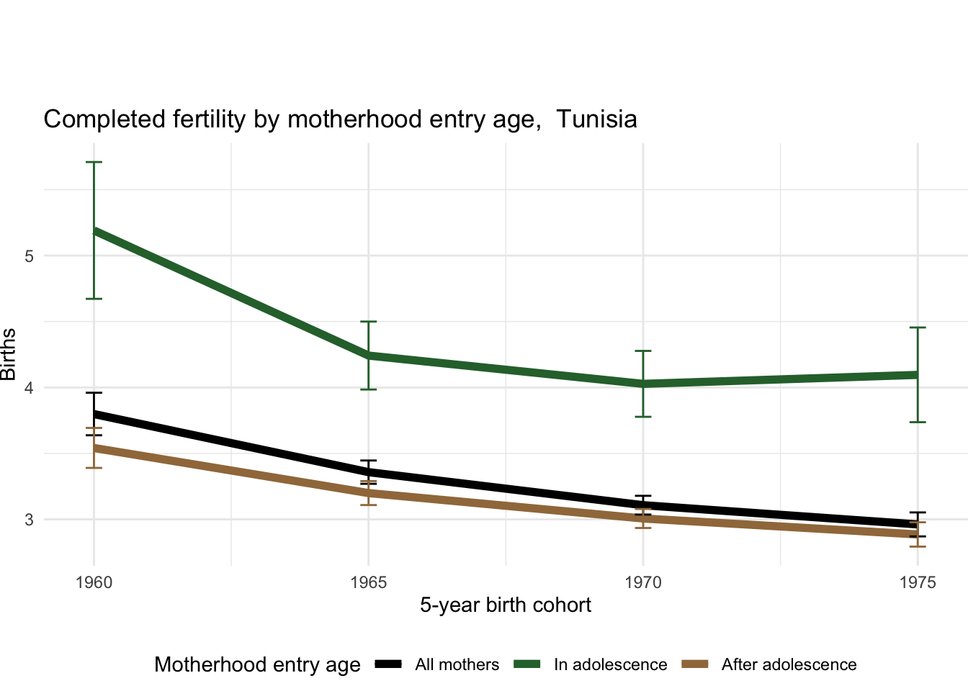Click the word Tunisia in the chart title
(x=596, y=119)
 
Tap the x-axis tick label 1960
(x=94, y=582)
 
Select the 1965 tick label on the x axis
(x=368, y=582)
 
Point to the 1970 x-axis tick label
(x=643, y=582)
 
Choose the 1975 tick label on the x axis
(x=918, y=582)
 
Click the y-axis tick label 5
(x=30, y=256)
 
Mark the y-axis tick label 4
(x=30, y=388)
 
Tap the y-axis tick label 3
(x=30, y=520)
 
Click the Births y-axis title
(x=9, y=354)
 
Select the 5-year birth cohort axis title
(x=506, y=605)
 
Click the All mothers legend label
(x=457, y=665)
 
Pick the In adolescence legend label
(x=610, y=665)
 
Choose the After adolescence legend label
(x=789, y=665)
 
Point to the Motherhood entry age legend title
(x=257, y=665)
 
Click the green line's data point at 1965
(x=368, y=356)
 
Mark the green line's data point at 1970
(x=643, y=384)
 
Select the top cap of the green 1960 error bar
(x=94, y=163)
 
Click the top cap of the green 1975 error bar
(x=918, y=328)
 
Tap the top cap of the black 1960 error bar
(x=94, y=393)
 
